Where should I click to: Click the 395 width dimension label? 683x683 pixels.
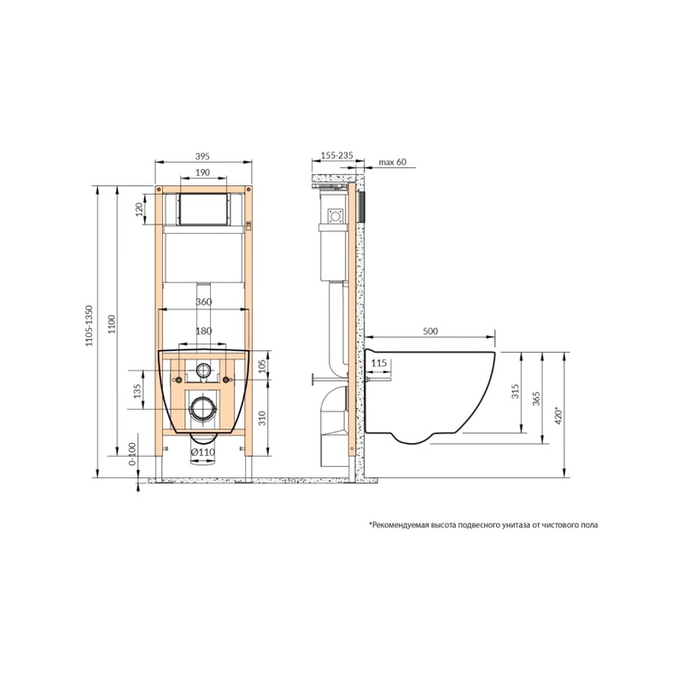coord(202,155)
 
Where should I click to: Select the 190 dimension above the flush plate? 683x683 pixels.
coord(202,172)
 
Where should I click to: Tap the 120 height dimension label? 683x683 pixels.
coord(139,209)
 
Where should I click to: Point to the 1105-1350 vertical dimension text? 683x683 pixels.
coord(90,326)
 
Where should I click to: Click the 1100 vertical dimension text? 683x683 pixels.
coord(112,324)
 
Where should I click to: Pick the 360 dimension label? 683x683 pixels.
coord(203,301)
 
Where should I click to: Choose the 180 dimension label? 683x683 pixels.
coord(203,330)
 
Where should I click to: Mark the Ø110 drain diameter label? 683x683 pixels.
coord(203,452)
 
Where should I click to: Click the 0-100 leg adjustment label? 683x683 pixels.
coord(132,454)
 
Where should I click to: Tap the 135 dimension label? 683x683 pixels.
coord(137,391)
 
